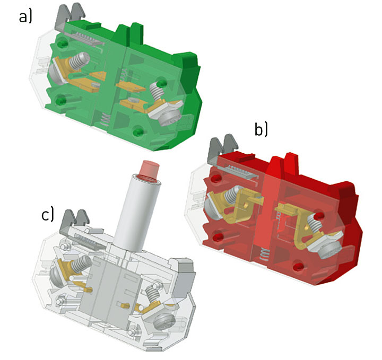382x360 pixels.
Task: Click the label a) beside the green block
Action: [x=25, y=17]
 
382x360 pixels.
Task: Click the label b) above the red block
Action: [x=261, y=129]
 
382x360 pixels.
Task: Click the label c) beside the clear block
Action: [x=47, y=214]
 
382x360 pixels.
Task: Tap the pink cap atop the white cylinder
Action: [x=149, y=169]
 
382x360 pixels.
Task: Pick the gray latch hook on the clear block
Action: [x=75, y=220]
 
